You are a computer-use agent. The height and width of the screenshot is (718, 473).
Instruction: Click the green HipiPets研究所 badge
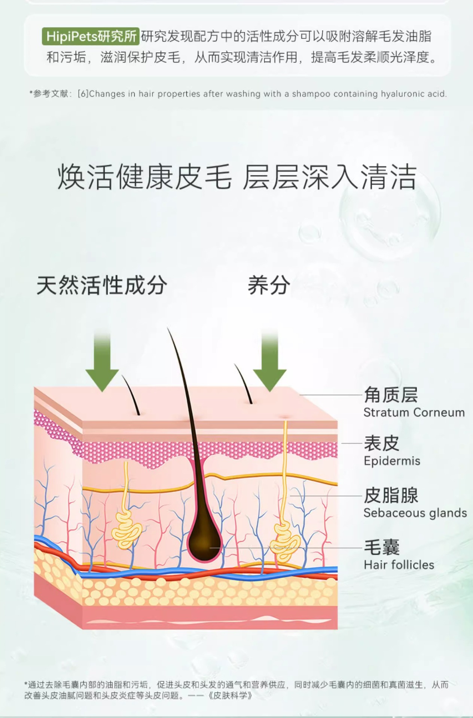[x=91, y=36]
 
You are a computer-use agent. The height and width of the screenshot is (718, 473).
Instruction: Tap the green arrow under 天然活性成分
[x=102, y=363]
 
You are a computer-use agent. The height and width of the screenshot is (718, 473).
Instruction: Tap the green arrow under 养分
[x=270, y=363]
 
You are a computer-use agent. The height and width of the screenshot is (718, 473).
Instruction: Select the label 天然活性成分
[x=102, y=286]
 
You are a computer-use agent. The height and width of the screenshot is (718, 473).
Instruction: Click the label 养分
[x=269, y=286]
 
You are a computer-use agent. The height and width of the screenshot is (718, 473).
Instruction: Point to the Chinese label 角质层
[x=391, y=395]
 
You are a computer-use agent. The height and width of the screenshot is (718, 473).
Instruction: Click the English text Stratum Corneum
[x=414, y=412]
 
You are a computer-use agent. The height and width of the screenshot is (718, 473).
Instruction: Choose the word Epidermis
[x=392, y=461]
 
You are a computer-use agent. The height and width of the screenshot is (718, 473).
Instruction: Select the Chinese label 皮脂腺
[x=391, y=495]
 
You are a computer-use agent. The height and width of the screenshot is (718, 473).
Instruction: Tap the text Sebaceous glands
[x=415, y=513]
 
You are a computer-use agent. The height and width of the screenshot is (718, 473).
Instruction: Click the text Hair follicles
[x=399, y=565]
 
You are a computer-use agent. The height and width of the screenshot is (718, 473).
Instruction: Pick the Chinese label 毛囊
[x=382, y=547]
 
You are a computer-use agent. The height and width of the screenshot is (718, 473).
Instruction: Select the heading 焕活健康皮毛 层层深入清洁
[x=236, y=177]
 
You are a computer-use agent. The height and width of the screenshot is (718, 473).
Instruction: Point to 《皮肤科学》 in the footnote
[x=230, y=696]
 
